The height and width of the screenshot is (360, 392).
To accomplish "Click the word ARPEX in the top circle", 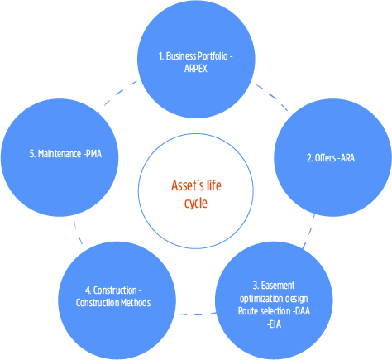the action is click(195, 69).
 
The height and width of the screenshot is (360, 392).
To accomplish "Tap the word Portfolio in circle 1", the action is click(213, 56).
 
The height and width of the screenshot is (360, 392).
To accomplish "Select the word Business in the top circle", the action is click(181, 56).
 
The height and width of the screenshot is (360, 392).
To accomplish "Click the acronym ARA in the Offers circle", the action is click(347, 158).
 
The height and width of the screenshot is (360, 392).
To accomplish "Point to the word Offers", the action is click(325, 158).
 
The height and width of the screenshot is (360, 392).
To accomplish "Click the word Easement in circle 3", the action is click(278, 286).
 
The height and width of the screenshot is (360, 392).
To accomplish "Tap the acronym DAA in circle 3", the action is click(303, 311).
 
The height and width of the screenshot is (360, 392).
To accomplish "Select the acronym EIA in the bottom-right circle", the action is click(275, 324).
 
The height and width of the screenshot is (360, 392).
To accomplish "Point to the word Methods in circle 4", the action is click(136, 303).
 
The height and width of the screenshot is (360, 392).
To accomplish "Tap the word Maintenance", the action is click(60, 154).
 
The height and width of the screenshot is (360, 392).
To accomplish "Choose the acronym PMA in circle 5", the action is click(93, 154).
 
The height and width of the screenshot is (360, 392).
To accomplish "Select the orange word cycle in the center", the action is click(196, 204).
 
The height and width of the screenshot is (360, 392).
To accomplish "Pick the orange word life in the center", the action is click(214, 185).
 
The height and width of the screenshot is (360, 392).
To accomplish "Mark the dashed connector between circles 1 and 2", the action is click(272, 97).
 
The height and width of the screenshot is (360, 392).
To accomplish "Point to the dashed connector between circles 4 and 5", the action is click(78, 233).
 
